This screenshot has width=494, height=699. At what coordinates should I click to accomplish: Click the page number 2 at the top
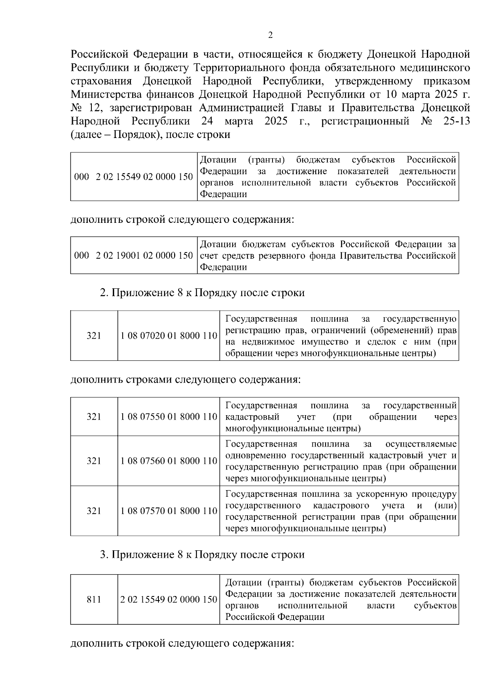[270, 35]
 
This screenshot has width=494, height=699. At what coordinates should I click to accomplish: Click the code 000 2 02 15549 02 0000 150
[133, 177]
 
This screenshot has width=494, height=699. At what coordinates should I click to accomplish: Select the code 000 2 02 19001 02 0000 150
[133, 255]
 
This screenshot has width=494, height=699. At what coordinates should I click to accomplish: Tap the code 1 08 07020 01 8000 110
[169, 336]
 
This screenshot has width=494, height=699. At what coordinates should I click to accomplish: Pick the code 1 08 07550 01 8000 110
[169, 416]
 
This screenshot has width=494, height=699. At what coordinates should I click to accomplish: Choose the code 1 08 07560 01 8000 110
[169, 461]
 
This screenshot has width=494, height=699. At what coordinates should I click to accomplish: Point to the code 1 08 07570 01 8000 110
[169, 511]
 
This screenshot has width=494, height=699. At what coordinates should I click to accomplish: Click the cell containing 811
[94, 599]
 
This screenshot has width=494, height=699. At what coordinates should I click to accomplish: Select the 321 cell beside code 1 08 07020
[94, 336]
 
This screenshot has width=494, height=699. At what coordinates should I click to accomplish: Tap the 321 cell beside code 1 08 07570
[94, 511]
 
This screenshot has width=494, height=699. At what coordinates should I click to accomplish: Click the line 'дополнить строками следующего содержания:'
[186, 379]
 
